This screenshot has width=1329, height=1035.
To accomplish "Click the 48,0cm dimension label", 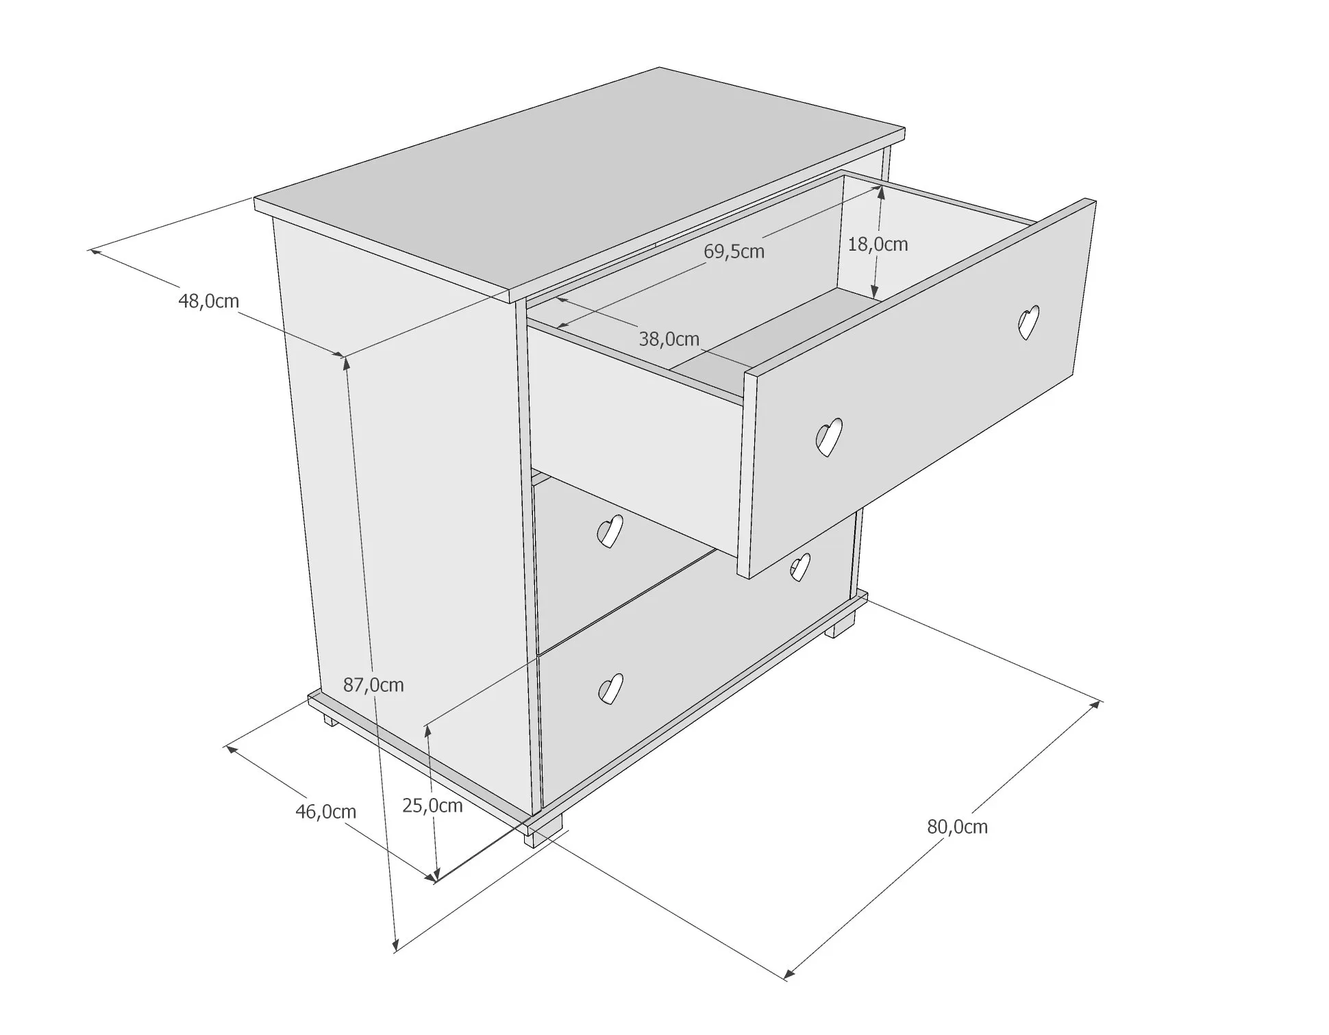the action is tap(208, 301).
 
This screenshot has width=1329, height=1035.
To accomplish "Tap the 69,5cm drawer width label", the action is tap(734, 251).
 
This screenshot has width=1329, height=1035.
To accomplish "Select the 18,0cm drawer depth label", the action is tap(878, 244).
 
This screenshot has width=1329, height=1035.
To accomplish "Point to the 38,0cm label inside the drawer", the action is tap(669, 338).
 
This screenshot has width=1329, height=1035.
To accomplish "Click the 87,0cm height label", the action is tap(373, 684).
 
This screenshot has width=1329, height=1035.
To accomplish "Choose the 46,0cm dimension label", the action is tap(325, 812).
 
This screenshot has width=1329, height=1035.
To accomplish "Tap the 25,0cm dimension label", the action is tap(432, 806).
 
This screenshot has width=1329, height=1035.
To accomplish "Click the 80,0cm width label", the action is tap(957, 827).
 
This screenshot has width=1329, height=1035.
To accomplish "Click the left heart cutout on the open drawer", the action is tap(828, 436).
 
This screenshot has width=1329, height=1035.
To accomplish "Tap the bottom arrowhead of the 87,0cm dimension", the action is tap(395, 945).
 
